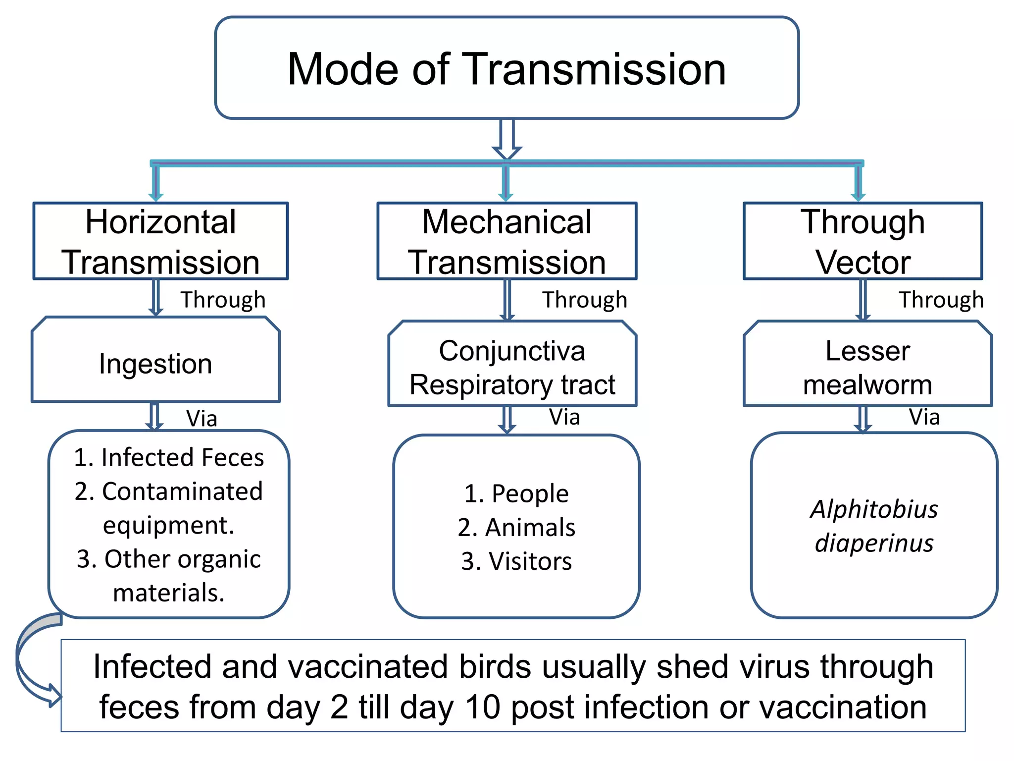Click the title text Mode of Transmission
point(507,69)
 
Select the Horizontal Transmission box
point(160,241)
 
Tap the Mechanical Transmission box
point(507,241)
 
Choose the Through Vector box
point(862,241)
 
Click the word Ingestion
point(155,364)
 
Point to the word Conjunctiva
point(512,351)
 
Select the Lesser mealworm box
point(867,367)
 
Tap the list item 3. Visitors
point(516,561)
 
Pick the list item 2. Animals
point(516,528)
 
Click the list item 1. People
point(516,494)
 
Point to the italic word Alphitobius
point(874,510)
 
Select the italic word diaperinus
point(874,544)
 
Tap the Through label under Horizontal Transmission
point(223,300)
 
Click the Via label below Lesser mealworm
point(924,417)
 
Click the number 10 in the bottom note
point(483,707)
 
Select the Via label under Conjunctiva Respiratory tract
point(564,417)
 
